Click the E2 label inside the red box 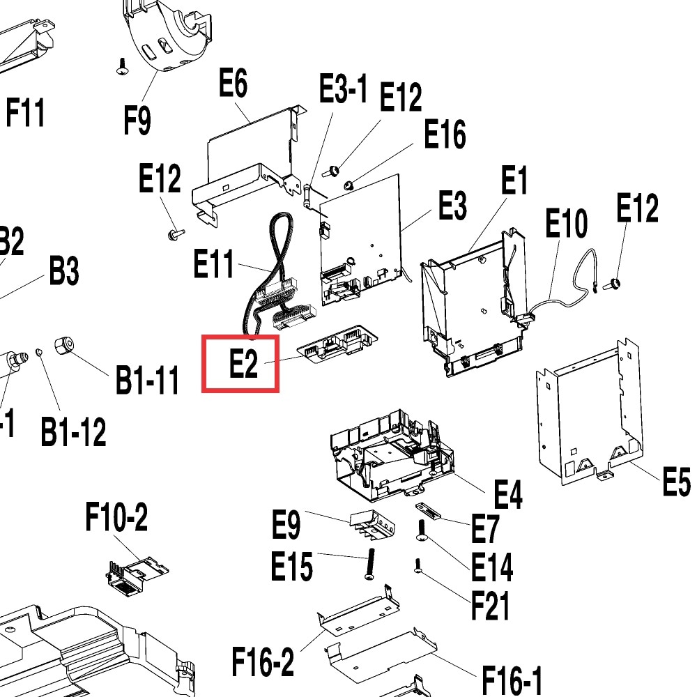click(244, 363)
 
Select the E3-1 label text click(343, 90)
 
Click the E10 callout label click(566, 224)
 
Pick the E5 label click(675, 482)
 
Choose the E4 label click(507, 495)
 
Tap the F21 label click(490, 605)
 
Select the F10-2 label click(116, 519)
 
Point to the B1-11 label click(147, 381)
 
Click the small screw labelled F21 click(417, 565)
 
